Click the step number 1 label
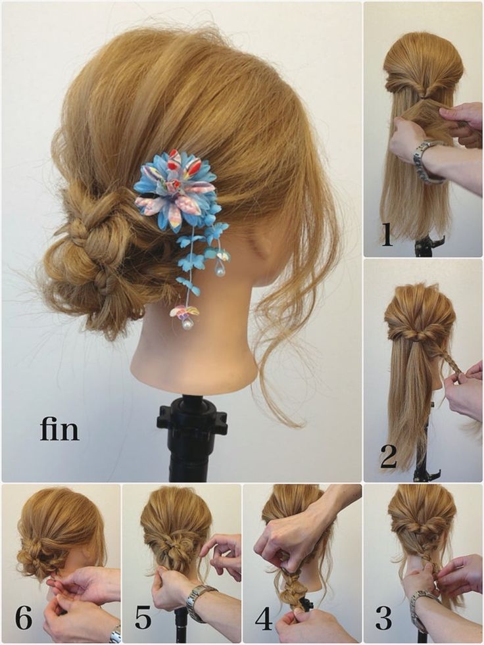387,235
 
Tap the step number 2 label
388,457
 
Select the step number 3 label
383,619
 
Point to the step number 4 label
264,619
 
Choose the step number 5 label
143,618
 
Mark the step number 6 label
24,618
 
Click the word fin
59,429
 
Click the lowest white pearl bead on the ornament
187,323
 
